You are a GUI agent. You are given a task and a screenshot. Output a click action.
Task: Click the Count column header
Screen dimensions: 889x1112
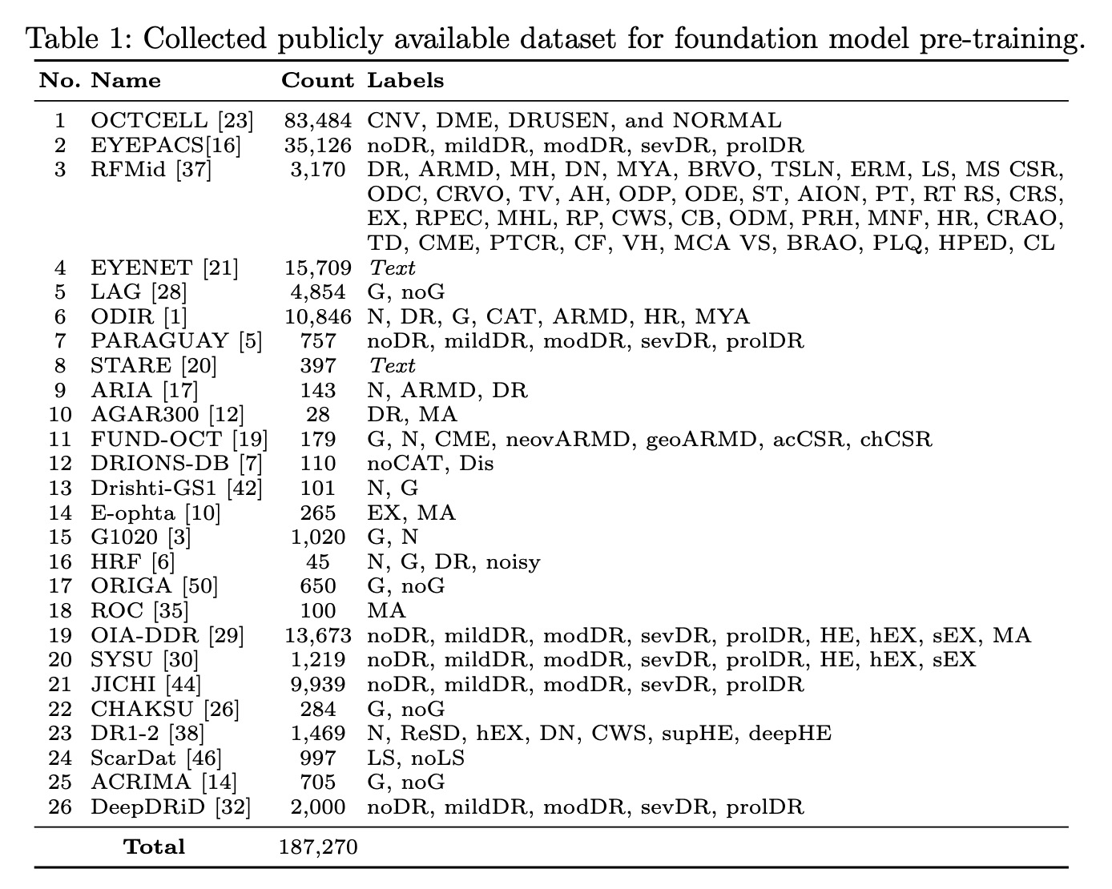(x=317, y=81)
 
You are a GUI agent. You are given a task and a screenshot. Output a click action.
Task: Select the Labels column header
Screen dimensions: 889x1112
(x=405, y=81)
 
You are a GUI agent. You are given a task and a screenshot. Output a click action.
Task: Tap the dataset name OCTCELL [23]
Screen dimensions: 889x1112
(x=172, y=121)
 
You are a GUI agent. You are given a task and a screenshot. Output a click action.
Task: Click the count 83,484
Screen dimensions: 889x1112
(x=318, y=121)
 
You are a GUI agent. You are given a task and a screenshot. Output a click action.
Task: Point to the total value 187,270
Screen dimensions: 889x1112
(x=318, y=847)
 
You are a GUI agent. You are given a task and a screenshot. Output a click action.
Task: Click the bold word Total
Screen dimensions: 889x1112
(x=154, y=847)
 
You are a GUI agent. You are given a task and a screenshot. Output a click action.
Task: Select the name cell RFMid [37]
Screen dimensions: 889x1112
(x=151, y=170)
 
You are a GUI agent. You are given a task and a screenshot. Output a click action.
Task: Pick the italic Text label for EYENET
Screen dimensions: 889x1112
(x=392, y=268)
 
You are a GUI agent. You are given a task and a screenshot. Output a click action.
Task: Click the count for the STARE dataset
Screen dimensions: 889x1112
(x=319, y=366)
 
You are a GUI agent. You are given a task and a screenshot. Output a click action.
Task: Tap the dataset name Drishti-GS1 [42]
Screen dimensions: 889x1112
(x=176, y=489)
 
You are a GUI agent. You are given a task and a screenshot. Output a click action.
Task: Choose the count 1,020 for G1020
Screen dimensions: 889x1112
(x=318, y=537)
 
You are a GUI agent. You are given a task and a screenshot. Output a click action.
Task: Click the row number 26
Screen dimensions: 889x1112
(x=60, y=807)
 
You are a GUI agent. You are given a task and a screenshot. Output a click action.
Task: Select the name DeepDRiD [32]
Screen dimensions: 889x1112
(x=171, y=807)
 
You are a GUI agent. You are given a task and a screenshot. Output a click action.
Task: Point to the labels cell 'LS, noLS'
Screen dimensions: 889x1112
(x=415, y=758)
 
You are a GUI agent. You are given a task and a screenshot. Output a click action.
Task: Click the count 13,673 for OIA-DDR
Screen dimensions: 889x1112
(x=318, y=636)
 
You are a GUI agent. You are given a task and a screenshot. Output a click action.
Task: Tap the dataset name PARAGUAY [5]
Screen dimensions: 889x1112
(x=176, y=341)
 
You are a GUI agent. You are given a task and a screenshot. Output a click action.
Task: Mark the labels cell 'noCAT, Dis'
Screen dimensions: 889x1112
(x=430, y=464)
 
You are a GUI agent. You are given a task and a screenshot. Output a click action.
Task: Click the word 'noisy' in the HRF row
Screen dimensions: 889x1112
(x=514, y=562)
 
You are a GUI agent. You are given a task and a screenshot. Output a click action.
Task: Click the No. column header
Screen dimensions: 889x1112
(x=60, y=81)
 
